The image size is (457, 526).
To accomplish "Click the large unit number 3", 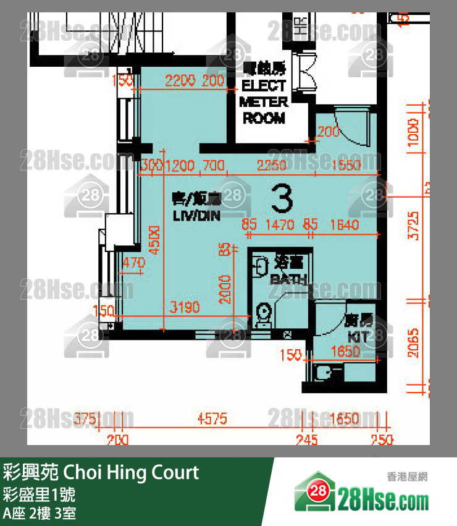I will pos(282,199).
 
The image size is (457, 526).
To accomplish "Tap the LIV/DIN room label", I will pos(196,216).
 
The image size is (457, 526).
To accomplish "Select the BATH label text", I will pos(288,279).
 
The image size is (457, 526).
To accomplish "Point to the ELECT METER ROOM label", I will pos(264,101).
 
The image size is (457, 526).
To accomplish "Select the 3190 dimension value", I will pos(185,307).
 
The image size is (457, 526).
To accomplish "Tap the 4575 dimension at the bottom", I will pos(212,420).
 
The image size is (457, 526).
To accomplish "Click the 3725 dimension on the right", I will pos(413,226).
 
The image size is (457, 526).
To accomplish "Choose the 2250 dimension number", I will pos(272,166).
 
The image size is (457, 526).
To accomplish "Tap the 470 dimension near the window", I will pos(133,263).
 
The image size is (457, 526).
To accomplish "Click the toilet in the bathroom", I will pos(263,313).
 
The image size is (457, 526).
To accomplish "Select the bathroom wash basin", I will pos(259,265).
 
